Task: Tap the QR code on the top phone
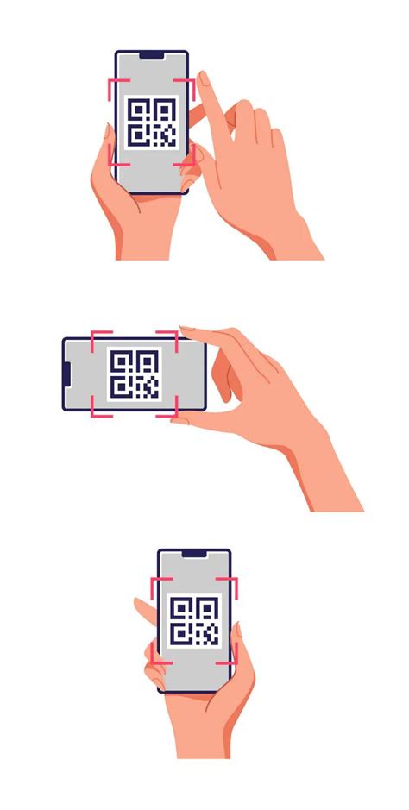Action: (152, 122)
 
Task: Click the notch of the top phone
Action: (152, 56)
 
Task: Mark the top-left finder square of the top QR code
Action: (136, 109)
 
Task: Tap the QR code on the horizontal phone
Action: (133, 374)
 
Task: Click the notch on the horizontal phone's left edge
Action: (67, 374)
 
